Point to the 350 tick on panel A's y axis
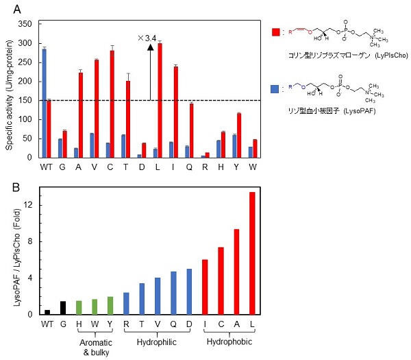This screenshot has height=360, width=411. click(27, 23)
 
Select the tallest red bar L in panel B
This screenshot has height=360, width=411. click(252, 253)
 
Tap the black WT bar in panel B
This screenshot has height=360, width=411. click(47, 312)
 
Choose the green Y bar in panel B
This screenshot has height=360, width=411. click(110, 306)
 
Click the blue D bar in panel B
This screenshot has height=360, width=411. click(189, 291)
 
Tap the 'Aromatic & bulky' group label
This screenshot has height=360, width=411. click(95, 346)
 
